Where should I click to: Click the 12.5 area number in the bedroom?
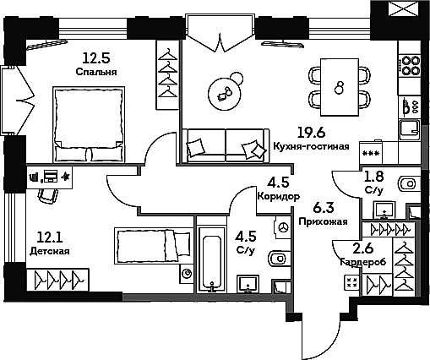95,58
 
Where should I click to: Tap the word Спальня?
96,72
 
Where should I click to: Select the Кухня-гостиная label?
312,146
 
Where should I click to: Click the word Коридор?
279,196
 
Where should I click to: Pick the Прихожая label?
323,221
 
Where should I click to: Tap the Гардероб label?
362,262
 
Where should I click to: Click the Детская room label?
50,251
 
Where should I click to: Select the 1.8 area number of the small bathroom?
374,177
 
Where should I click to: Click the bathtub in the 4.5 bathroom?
212,259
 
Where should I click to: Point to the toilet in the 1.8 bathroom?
409,184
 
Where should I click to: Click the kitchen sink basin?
409,130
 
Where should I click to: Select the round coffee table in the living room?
225,94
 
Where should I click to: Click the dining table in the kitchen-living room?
340,87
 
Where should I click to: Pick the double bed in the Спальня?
89,124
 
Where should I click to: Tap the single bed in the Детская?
154,246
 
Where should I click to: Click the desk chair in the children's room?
48,194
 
